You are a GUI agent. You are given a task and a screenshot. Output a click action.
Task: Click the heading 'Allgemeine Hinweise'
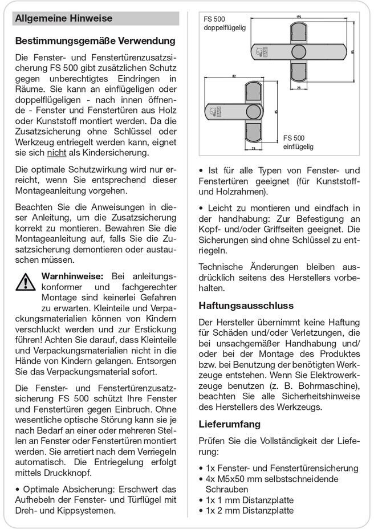pos(64,18)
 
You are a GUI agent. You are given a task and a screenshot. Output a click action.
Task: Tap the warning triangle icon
pos(25,281)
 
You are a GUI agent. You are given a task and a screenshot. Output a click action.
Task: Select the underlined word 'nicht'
pos(55,153)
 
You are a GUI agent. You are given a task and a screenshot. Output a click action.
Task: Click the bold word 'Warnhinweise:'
pos(72,276)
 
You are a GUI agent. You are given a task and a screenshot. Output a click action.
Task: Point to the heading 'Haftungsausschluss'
pos(246,306)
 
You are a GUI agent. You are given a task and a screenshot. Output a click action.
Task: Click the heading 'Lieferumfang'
pos(230,424)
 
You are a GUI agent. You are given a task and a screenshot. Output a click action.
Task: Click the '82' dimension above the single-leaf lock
pos(235,75)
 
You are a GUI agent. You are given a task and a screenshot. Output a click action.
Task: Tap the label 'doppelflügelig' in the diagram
pos(226,28)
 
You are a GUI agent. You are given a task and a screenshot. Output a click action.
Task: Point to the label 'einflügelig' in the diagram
pos(298,147)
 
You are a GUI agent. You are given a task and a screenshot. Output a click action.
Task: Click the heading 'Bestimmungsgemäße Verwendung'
pos(95,41)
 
